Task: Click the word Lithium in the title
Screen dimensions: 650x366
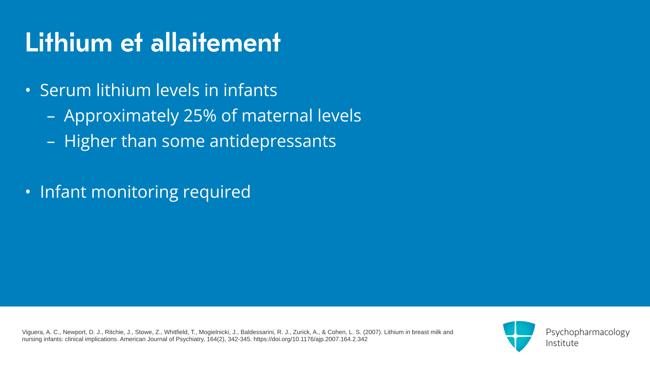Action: [x=69, y=42]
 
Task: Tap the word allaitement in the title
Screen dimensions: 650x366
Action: [x=215, y=42]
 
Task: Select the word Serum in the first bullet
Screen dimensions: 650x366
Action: [x=66, y=90]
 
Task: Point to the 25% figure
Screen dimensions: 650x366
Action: [x=200, y=116]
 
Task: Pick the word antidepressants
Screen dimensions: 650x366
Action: [x=273, y=141]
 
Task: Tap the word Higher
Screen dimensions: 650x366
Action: [x=90, y=141]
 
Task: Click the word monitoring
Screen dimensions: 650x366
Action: [x=135, y=192]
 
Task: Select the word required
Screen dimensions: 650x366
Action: [x=217, y=192]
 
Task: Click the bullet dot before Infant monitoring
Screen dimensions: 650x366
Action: [x=28, y=192]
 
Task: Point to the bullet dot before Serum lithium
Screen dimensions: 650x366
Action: [x=28, y=90]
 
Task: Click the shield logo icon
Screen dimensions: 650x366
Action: [x=519, y=336]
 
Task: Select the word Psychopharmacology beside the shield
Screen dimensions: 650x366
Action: [x=588, y=332]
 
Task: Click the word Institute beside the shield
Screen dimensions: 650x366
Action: [x=562, y=343]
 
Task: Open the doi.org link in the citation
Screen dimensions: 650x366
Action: [x=310, y=339]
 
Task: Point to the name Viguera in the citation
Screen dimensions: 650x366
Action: [x=33, y=332]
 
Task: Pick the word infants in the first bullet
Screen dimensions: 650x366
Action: [x=250, y=90]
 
